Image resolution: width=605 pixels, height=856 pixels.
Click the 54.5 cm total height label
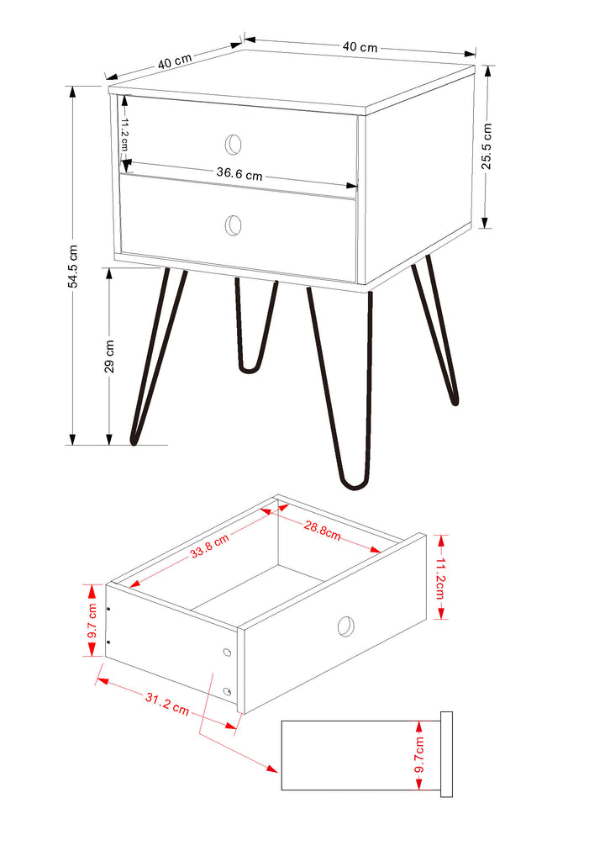coord(73,267)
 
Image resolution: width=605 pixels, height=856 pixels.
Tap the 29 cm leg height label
coord(109,357)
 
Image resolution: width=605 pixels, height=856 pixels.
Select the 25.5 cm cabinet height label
coord(486,146)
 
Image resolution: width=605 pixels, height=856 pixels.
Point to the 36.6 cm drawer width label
coord(239,173)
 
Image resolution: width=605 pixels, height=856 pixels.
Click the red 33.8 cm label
coord(210,547)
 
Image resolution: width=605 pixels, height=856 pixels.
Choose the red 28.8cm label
coord(323,531)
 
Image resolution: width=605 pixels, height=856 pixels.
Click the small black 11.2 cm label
coord(124,135)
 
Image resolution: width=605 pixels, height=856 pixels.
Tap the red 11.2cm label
coord(441,578)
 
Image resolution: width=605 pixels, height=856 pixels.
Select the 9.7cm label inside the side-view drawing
coord(419,754)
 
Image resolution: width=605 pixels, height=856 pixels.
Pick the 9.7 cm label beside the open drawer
coord(92,621)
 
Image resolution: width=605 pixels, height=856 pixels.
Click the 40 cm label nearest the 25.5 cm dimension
coord(360,47)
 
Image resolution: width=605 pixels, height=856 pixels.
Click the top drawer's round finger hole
coord(234,144)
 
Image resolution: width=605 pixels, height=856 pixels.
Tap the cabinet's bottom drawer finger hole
coord(234,225)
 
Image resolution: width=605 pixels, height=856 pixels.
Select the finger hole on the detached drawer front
coord(346,626)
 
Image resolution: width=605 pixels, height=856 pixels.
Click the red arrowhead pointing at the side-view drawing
coord(271,769)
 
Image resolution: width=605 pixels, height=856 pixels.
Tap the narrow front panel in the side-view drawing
coord(446,754)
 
